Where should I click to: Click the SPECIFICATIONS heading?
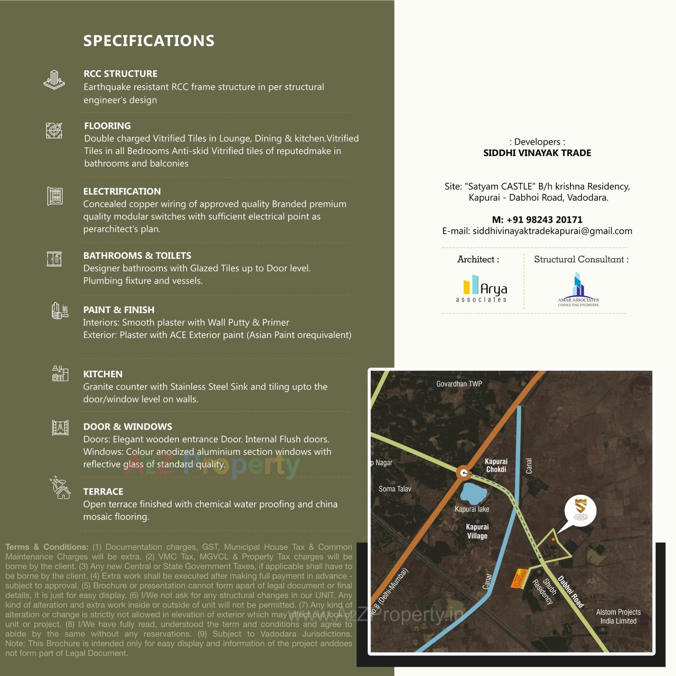pyautogui.click(x=149, y=41)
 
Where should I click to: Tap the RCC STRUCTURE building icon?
pyautogui.click(x=54, y=80)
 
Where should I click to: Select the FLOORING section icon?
pyautogui.click(x=54, y=130)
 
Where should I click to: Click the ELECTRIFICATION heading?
pyautogui.click(x=122, y=191)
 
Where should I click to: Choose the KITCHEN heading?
pyautogui.click(x=103, y=374)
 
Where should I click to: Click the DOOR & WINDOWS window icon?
pyautogui.click(x=60, y=428)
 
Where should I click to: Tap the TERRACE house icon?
pyautogui.click(x=61, y=488)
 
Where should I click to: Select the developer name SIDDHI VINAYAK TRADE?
pyautogui.click(x=537, y=153)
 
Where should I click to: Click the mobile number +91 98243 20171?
pyautogui.click(x=537, y=220)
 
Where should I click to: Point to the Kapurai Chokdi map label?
pyautogui.click(x=496, y=465)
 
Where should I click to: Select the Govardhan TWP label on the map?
pyautogui.click(x=459, y=384)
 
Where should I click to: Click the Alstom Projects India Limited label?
pyautogui.click(x=618, y=616)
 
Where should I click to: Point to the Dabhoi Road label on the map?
pyautogui.click(x=571, y=591)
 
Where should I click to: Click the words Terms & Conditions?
pyautogui.click(x=46, y=547)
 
